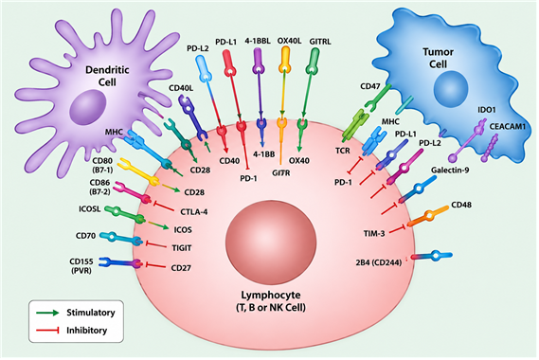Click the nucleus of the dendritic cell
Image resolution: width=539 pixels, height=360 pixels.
pyautogui.click(x=88, y=107)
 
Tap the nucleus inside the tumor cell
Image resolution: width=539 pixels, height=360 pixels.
pyautogui.click(x=451, y=88)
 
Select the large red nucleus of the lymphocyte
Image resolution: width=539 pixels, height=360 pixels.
pyautogui.click(x=271, y=240)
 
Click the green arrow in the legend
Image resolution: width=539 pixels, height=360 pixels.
pyautogui.click(x=47, y=313)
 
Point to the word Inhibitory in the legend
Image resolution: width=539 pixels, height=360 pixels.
pyautogui.click(x=86, y=331)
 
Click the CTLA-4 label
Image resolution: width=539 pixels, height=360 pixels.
pyautogui.click(x=194, y=212)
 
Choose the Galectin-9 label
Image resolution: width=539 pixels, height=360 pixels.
pyautogui.click(x=450, y=170)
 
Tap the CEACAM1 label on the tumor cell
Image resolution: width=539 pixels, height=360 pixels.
pyautogui.click(x=508, y=127)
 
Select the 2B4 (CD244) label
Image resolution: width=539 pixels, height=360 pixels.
pyautogui.click(x=379, y=262)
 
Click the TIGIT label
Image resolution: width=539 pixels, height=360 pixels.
pyautogui.click(x=182, y=248)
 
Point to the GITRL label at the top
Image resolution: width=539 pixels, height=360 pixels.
pyautogui.click(x=320, y=42)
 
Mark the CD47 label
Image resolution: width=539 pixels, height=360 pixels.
pyautogui.click(x=369, y=86)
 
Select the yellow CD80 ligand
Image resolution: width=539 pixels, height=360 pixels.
pyautogui.click(x=138, y=171)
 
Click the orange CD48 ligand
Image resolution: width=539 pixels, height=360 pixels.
pyautogui.click(x=428, y=217)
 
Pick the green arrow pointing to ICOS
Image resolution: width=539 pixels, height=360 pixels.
pyautogui.click(x=158, y=225)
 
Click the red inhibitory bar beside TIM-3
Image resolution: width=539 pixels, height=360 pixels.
pyautogui.click(x=398, y=229)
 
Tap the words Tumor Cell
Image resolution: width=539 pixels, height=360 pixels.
pyautogui.click(x=438, y=58)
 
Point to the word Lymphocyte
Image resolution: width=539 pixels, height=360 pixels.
pyautogui.click(x=271, y=295)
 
